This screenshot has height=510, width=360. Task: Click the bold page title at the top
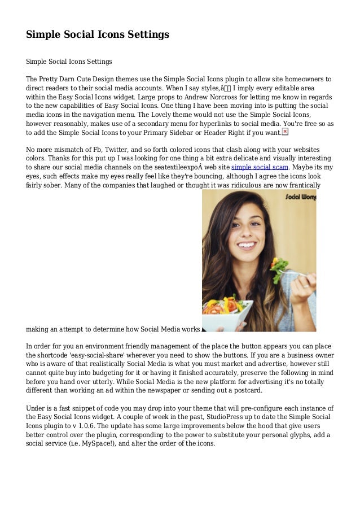pyautogui.click(x=98, y=35)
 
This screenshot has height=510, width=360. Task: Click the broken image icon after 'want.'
pyautogui.click(x=284, y=132)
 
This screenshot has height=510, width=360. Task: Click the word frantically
pyautogui.click(x=309, y=186)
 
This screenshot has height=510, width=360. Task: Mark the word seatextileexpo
pyautogui.click(x=174, y=168)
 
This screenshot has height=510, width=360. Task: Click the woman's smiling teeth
pyautogui.click(x=247, y=245)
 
